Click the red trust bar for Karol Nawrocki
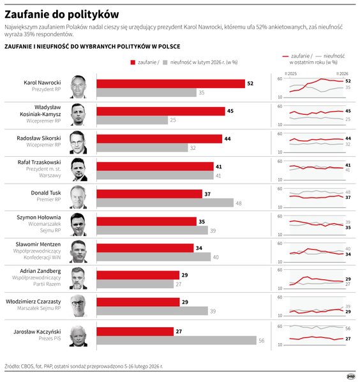pyautogui.click(x=170, y=84)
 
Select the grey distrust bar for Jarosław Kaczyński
pyautogui.click(x=176, y=341)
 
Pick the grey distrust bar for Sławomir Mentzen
pyautogui.click(x=153, y=257)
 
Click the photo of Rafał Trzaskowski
pyautogui.click(x=78, y=168)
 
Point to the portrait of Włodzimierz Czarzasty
pyautogui.click(x=78, y=305)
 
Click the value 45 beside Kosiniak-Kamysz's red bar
pyautogui.click(x=230, y=111)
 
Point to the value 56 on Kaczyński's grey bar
pyautogui.click(x=261, y=341)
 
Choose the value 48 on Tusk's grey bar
pyautogui.click(x=239, y=203)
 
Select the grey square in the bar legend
pyautogui.click(x=165, y=62)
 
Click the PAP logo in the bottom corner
pyautogui.click(x=350, y=376)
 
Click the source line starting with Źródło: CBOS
pyautogui.click(x=84, y=367)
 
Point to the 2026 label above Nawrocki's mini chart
pyautogui.click(x=343, y=74)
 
